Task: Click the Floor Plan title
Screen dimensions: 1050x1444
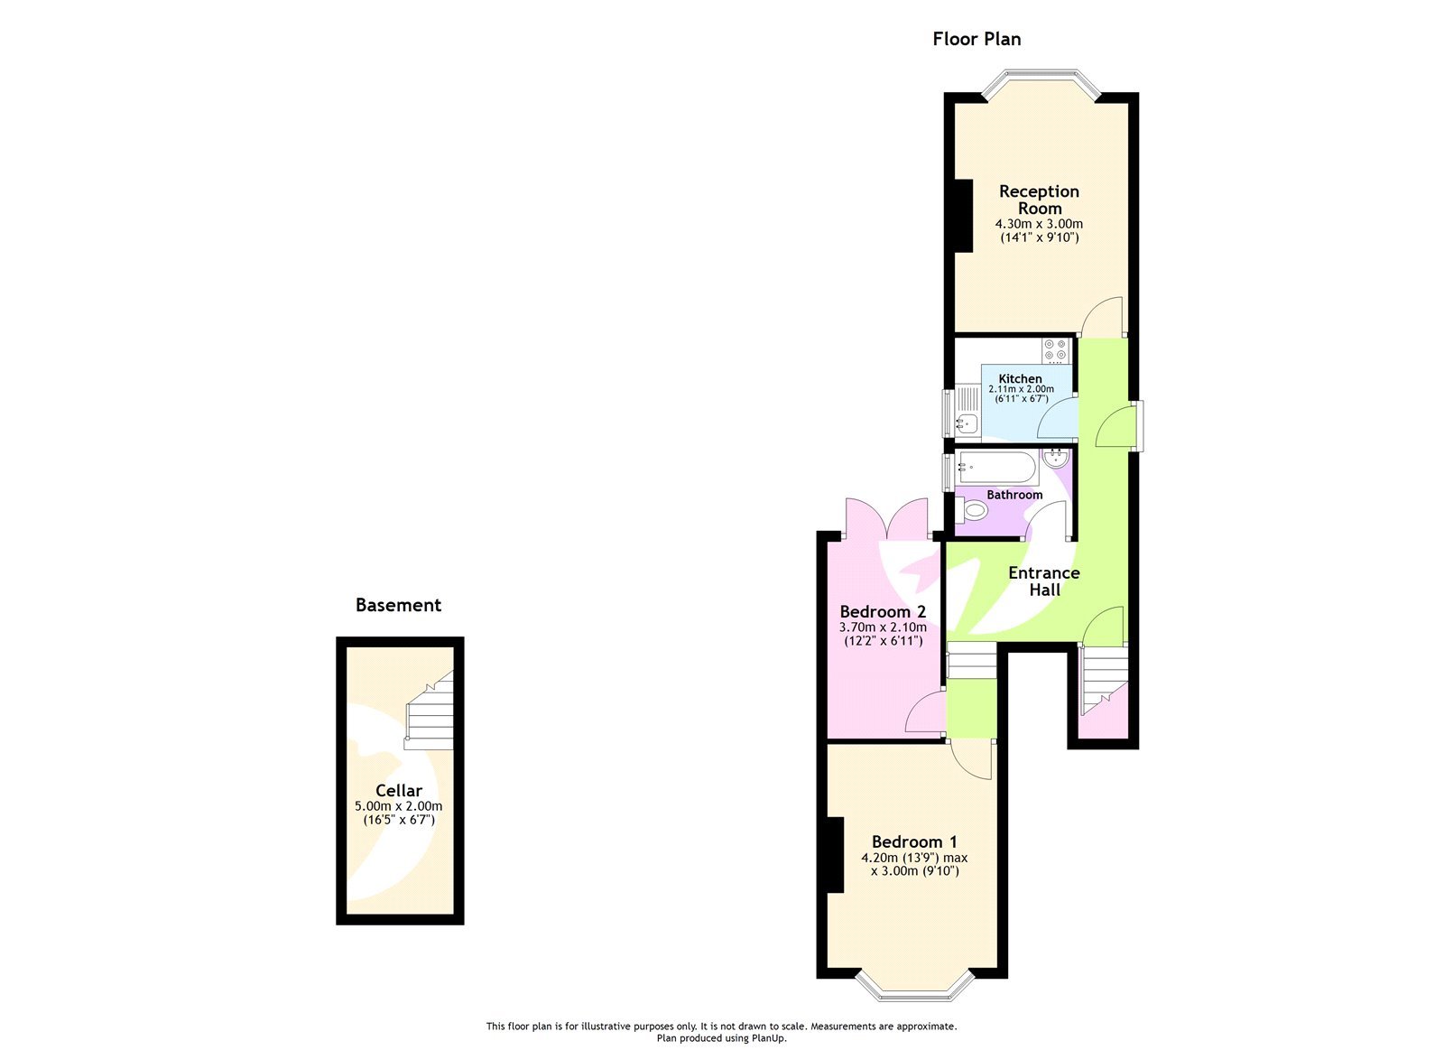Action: (x=977, y=39)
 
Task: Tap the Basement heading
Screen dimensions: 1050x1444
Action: (x=398, y=605)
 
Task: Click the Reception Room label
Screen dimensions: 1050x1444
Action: (x=1039, y=200)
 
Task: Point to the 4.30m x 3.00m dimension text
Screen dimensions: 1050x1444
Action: (x=1039, y=224)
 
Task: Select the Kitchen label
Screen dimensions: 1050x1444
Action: (x=1020, y=378)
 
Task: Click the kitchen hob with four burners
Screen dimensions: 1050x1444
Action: (x=1055, y=349)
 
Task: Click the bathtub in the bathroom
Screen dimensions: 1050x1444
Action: (x=997, y=467)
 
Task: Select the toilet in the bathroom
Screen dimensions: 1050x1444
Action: (x=972, y=511)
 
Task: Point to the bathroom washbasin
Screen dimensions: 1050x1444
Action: (x=1054, y=459)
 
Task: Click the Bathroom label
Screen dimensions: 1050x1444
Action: (x=1014, y=495)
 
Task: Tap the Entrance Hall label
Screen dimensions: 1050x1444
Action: (x=1044, y=581)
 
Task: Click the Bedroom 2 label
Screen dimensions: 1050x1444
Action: (x=883, y=611)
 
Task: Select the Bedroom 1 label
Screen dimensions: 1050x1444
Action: (x=914, y=841)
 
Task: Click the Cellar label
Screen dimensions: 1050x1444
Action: (x=398, y=790)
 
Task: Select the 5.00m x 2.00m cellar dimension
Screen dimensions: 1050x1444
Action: (x=398, y=806)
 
